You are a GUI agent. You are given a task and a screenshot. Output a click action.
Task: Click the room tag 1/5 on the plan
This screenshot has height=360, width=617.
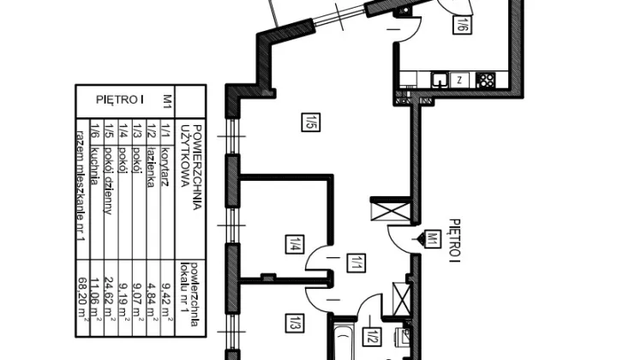tap(309, 122)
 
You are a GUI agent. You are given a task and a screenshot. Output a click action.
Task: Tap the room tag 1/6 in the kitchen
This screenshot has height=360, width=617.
tap(461, 24)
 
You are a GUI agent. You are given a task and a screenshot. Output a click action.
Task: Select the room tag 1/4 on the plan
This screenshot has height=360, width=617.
tap(293, 243)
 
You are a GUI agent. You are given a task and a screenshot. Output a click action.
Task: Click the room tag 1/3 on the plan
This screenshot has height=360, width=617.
tap(293, 324)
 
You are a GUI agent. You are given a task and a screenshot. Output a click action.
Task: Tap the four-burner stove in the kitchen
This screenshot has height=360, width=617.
tap(484, 81)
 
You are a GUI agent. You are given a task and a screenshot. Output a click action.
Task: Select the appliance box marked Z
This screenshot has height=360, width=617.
tap(461, 81)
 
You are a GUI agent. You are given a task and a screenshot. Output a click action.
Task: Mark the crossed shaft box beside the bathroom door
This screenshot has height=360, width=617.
tap(400, 297)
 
